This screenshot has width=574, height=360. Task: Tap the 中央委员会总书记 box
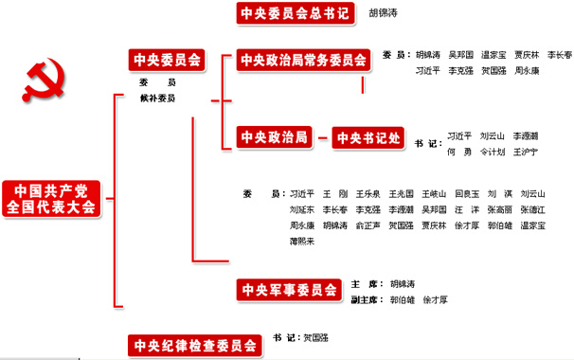(294, 13)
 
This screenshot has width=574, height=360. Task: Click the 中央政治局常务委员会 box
(302, 61)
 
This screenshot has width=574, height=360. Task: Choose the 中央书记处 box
(368, 138)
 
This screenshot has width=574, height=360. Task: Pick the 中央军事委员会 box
(288, 289)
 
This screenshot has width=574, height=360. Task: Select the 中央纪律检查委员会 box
(194, 345)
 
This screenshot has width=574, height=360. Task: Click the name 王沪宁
(525, 152)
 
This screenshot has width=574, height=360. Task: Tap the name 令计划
(493, 152)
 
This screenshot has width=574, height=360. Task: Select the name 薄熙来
(302, 242)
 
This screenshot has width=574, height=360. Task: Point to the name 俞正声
(369, 225)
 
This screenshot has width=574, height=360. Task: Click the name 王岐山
(435, 193)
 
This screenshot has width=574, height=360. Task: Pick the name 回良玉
(467, 193)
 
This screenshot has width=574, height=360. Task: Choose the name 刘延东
(302, 209)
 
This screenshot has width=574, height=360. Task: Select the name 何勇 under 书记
(458, 152)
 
